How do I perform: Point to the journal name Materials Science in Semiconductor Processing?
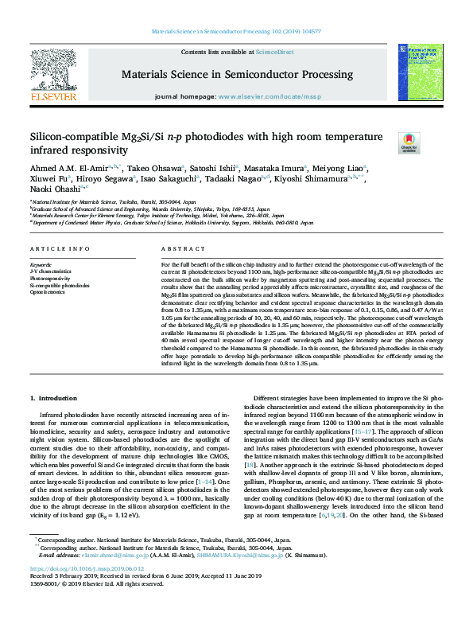coord(236,74)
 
